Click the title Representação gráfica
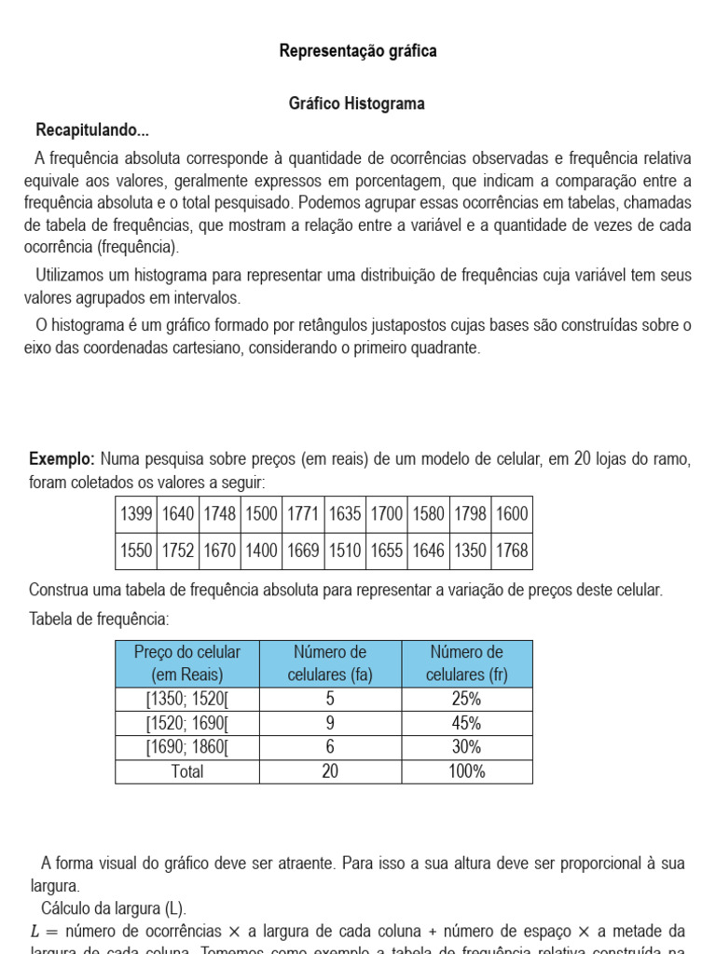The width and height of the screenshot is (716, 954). (x=357, y=51)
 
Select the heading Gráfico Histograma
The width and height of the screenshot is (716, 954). (x=357, y=103)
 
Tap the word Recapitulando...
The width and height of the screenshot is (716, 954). (x=92, y=129)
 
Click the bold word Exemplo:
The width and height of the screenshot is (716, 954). (x=62, y=458)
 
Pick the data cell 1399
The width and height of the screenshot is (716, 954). (x=136, y=514)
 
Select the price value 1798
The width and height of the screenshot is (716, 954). (x=470, y=514)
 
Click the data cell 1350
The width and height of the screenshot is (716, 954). (x=470, y=551)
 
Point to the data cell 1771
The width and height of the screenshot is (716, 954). (x=303, y=514)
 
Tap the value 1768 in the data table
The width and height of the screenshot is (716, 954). (x=512, y=551)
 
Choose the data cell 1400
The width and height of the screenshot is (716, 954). (x=261, y=551)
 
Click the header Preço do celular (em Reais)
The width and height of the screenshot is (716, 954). (x=187, y=663)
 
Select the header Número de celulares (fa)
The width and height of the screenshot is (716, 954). (x=330, y=663)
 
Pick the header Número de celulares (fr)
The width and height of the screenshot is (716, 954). (x=466, y=663)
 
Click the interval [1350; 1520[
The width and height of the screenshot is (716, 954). (x=187, y=700)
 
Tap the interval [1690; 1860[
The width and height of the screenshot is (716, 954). (x=187, y=747)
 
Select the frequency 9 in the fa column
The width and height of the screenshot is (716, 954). (x=330, y=724)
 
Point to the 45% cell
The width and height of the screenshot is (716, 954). (x=466, y=724)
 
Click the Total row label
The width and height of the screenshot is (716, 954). (x=187, y=771)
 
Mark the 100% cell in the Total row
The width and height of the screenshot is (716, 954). (x=466, y=771)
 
